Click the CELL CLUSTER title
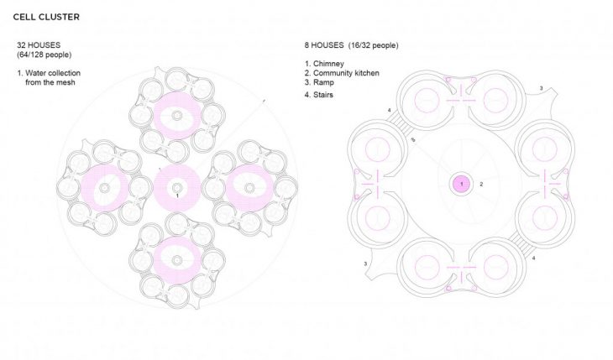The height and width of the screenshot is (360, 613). tap(46, 17)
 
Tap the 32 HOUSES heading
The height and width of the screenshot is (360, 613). tap(39, 45)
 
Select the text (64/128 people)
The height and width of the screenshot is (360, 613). tap(45, 55)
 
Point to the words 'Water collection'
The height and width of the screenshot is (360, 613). tap(53, 73)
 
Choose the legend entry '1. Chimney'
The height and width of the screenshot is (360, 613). tap(324, 64)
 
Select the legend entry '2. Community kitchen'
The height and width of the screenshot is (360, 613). tap(342, 73)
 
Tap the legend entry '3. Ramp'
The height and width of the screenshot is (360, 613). tap(319, 82)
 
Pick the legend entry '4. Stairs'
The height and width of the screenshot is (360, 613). tap(318, 95)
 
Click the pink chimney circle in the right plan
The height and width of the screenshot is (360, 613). tap(462, 184)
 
